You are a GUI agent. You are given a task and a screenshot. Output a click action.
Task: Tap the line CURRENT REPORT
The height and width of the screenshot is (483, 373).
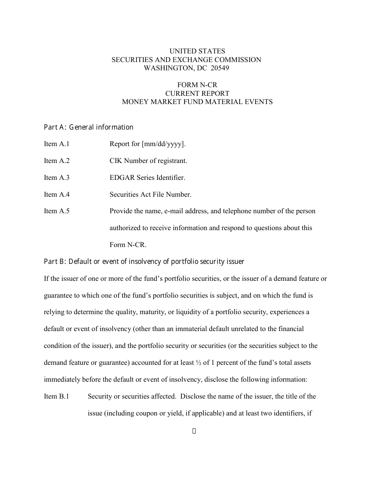point(197,93)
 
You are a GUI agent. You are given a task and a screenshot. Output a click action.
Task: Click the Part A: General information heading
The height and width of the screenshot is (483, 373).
point(88,127)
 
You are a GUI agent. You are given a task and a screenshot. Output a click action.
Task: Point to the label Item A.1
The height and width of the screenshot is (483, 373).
point(57,144)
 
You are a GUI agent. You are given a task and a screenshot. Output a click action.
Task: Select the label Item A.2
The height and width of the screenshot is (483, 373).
point(57,161)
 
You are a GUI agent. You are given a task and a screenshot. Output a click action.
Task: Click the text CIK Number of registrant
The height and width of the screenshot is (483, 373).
point(148,161)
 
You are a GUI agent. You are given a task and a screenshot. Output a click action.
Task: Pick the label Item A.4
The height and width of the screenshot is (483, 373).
point(57,194)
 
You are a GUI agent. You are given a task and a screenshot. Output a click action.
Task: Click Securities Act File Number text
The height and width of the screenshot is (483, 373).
point(150,194)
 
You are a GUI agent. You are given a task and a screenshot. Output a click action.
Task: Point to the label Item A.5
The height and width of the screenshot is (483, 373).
point(57,211)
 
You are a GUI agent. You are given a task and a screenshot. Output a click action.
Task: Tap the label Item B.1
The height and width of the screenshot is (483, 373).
point(57,396)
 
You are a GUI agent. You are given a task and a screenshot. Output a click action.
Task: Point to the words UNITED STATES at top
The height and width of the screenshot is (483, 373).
point(197,51)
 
